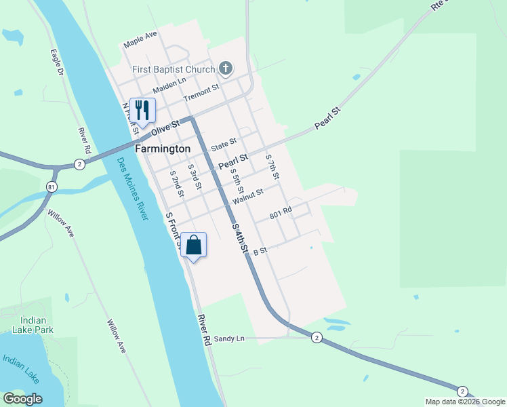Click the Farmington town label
click(x=163, y=148)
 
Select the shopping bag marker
click(x=194, y=245)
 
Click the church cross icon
click(x=226, y=69)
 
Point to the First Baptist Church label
click(x=174, y=69)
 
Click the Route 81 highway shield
click(x=52, y=187)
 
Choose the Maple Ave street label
click(x=140, y=39)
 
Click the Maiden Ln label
click(x=169, y=85)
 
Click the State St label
click(x=223, y=144)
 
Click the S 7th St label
click(x=272, y=166)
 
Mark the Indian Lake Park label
click(x=33, y=325)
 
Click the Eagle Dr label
click(x=58, y=62)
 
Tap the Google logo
click(x=22, y=399)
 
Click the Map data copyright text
click(x=466, y=402)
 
